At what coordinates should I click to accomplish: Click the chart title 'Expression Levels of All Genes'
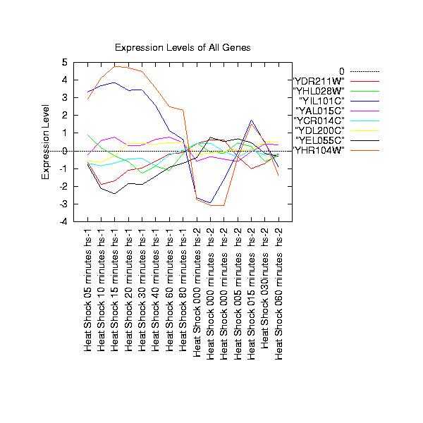[x=183, y=47]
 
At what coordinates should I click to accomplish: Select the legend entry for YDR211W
[x=318, y=80]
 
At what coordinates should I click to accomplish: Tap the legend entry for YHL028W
[x=318, y=90]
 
